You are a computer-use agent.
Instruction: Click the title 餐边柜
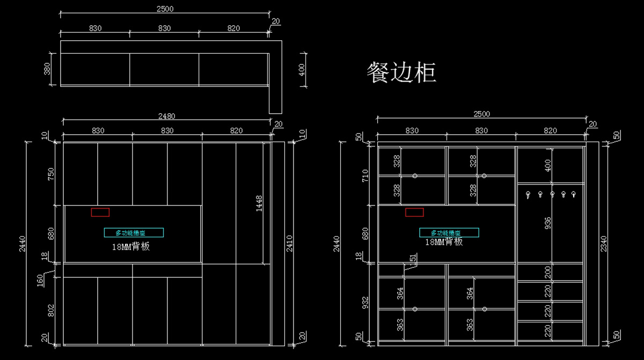401,72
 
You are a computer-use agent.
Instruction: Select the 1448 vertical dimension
259,203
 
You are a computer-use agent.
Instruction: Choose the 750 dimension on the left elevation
52,174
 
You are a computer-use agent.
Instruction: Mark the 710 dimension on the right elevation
365,175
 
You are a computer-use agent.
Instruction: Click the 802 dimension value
52,312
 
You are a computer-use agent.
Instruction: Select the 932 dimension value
365,304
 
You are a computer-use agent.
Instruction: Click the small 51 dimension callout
412,259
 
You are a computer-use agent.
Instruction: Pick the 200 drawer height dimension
548,272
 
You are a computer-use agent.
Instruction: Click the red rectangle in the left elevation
100,212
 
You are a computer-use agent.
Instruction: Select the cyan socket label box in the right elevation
449,233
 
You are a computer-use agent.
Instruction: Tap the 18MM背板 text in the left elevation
130,246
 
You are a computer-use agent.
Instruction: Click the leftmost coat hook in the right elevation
528,194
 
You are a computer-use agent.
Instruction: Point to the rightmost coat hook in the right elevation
574,194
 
